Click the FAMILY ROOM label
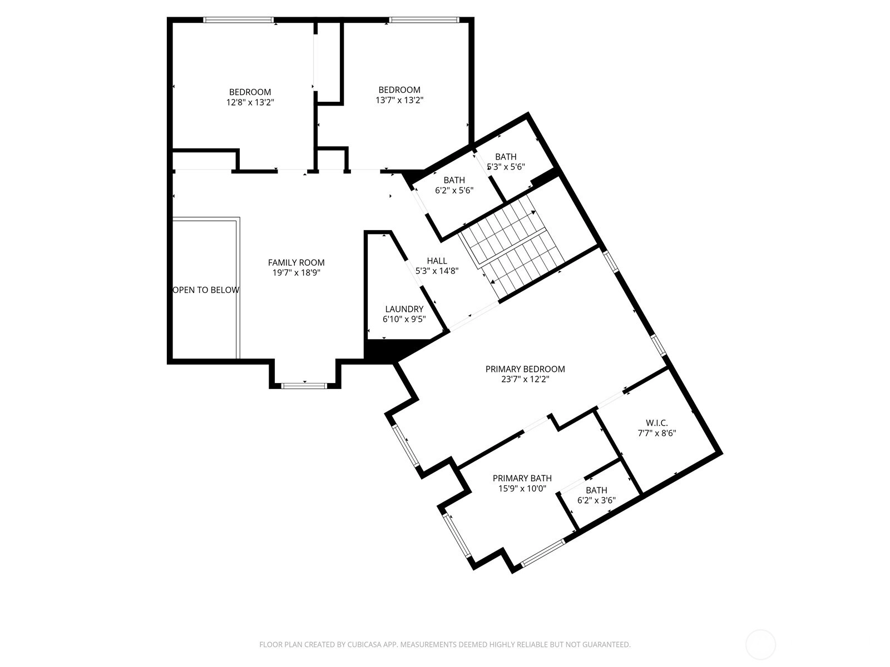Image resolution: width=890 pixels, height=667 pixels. [296, 262]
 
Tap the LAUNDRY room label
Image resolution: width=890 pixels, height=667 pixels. [404, 309]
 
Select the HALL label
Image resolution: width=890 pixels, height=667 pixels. [437, 261]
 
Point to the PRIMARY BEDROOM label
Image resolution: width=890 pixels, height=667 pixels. [525, 369]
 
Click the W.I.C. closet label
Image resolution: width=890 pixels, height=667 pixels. [657, 423]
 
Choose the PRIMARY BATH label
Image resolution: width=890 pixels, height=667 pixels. [522, 478]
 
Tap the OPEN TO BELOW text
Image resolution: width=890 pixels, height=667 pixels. [206, 290]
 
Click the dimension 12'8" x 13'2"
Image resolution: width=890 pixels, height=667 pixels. [250, 102]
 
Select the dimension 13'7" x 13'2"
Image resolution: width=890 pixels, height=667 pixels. [399, 100]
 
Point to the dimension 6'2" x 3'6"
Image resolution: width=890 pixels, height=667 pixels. [596, 500]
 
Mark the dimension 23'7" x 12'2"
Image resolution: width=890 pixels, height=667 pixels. [525, 380]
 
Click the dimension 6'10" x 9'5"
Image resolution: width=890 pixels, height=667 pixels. [404, 319]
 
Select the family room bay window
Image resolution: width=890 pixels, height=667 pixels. [304, 386]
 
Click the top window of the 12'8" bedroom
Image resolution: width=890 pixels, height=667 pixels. [239, 20]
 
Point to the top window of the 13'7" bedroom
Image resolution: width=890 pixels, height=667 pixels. [424, 20]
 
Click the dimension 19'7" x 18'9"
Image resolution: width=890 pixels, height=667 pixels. [296, 273]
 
